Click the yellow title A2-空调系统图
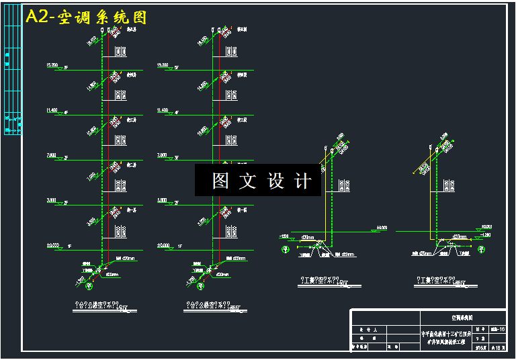coord(86,17)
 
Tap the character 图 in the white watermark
coord(220,181)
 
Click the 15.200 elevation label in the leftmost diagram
coord(52,65)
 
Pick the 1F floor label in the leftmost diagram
coord(69,246)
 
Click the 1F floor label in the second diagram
coord(180,246)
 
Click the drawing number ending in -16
coord(498,329)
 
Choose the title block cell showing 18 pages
coord(498,347)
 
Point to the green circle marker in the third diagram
coord(285,249)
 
